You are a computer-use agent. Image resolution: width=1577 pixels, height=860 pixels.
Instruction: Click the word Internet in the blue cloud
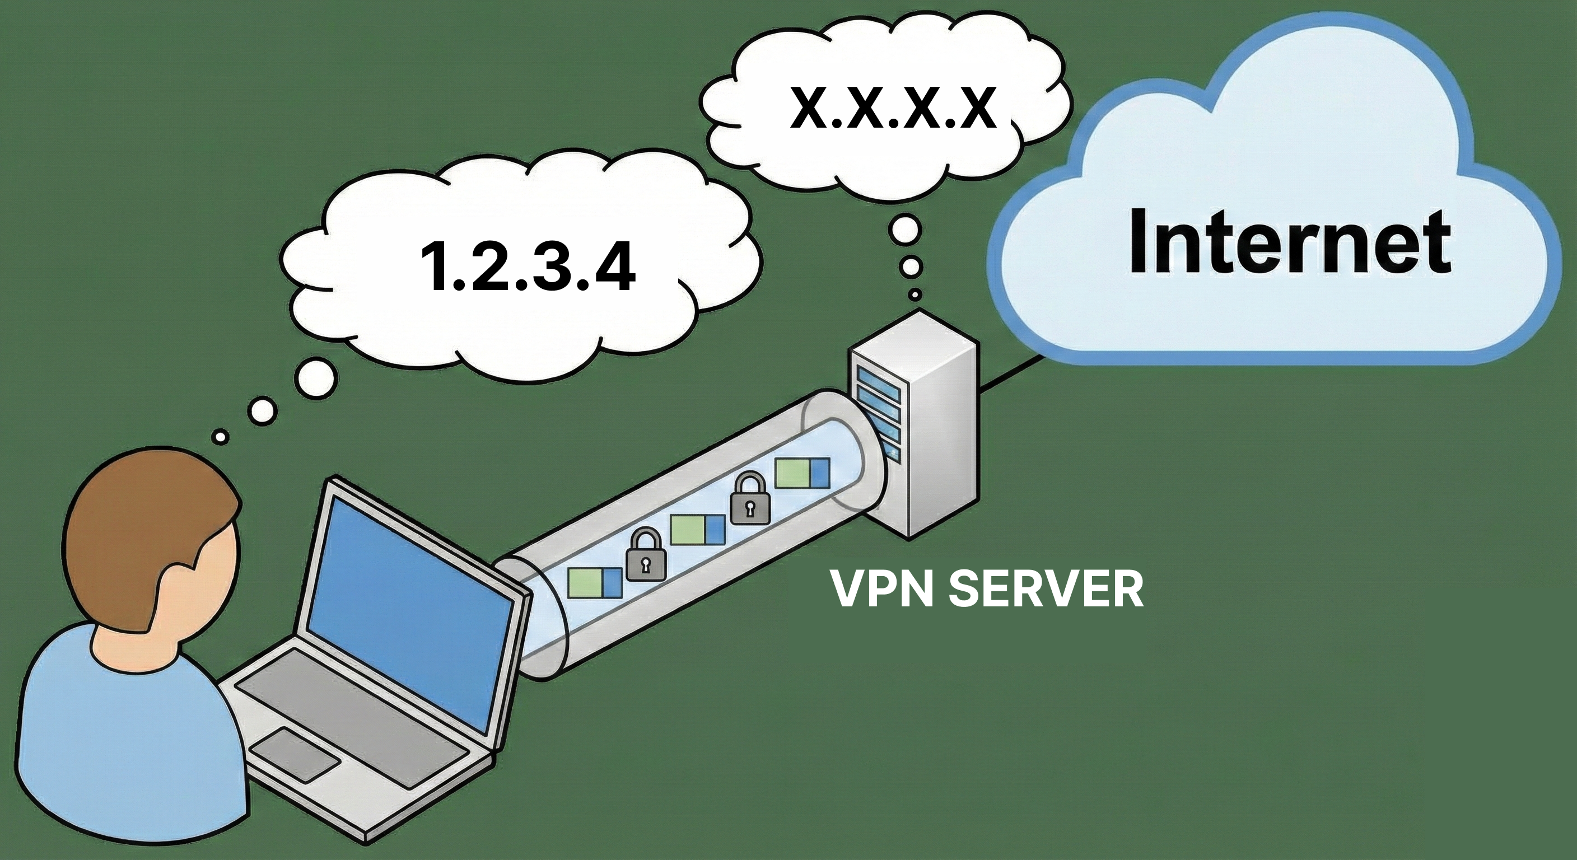point(1289,242)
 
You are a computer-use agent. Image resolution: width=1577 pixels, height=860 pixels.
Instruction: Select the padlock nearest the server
point(749,499)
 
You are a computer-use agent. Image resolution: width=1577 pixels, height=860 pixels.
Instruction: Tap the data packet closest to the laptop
point(594,582)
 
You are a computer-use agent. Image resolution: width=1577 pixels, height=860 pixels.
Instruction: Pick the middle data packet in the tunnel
point(697,530)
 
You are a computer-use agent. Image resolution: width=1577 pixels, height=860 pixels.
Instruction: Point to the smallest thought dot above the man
point(221,437)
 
